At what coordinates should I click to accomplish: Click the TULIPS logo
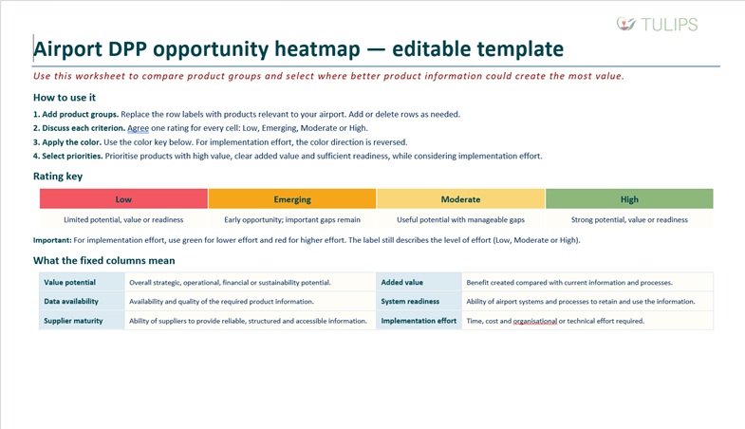[657, 25]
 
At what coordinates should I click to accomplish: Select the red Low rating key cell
[123, 199]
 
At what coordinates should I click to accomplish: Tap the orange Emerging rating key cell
[292, 199]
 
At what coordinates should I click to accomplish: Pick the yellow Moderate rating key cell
[461, 199]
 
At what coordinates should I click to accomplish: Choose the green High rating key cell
[629, 199]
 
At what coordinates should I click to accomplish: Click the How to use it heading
[65, 98]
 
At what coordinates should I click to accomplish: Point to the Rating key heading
[58, 177]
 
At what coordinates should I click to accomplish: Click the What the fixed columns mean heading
[104, 260]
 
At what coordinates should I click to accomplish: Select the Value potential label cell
[82, 282]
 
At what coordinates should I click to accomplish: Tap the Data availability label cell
[82, 301]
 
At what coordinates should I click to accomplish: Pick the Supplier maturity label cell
[82, 321]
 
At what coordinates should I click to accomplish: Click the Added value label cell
[419, 282]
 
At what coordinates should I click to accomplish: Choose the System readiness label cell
[419, 301]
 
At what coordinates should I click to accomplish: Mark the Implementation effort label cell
[419, 321]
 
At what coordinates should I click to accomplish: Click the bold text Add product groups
[81, 114]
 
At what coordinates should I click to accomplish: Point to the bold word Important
[52, 240]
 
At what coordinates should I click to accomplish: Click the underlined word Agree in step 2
[138, 128]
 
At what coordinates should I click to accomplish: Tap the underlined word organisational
[535, 321]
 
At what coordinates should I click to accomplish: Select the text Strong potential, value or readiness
[629, 219]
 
